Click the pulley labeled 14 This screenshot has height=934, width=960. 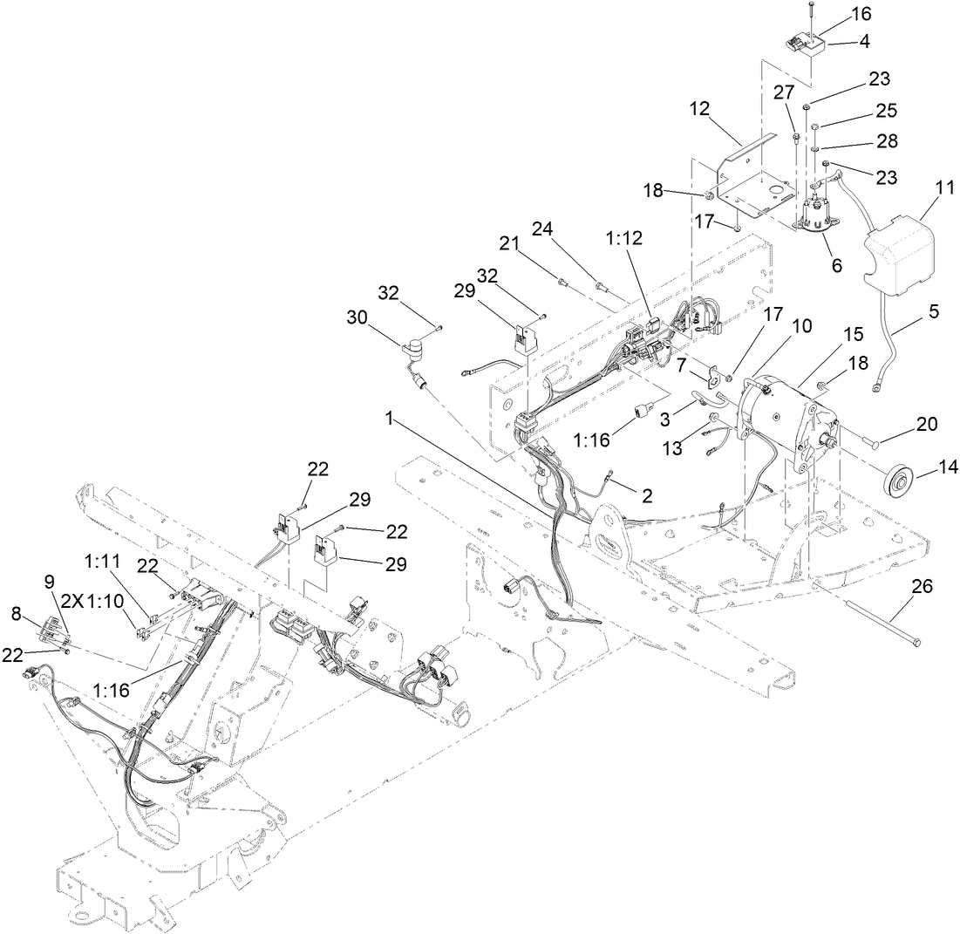point(896,481)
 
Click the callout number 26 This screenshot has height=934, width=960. point(921,587)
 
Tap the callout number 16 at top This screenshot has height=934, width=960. point(835,15)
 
